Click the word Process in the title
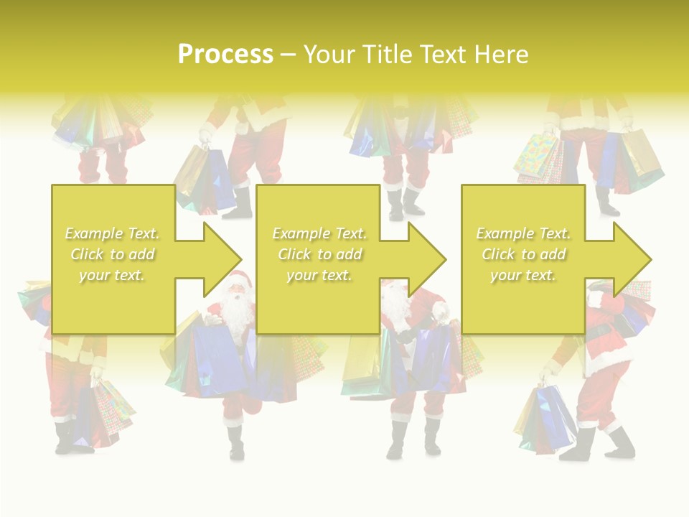click(x=225, y=55)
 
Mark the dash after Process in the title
click(x=288, y=55)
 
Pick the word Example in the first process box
click(x=93, y=233)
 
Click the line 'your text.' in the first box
click(x=112, y=275)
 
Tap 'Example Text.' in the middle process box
click(x=319, y=233)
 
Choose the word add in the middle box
click(x=348, y=254)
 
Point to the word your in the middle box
click(x=301, y=275)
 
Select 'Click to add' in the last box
click(x=524, y=254)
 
